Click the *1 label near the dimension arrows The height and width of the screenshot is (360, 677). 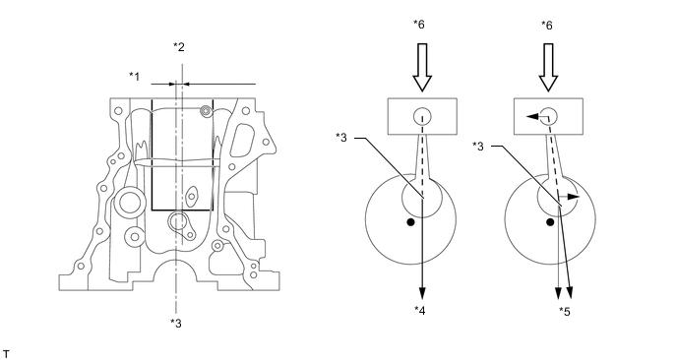[x=134, y=77]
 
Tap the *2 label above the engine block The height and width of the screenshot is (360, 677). [x=179, y=46]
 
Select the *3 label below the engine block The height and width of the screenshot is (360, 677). [x=176, y=323]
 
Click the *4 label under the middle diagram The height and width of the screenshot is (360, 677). [x=419, y=311]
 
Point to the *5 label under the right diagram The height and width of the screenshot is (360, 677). [x=564, y=311]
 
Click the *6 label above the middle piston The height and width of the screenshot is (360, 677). [x=418, y=25]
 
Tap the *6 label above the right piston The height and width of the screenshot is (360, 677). [x=546, y=26]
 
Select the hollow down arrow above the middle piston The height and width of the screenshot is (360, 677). [x=422, y=67]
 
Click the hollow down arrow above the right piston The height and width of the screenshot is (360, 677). [x=548, y=67]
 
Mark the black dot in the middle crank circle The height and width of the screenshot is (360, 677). [x=410, y=222]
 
